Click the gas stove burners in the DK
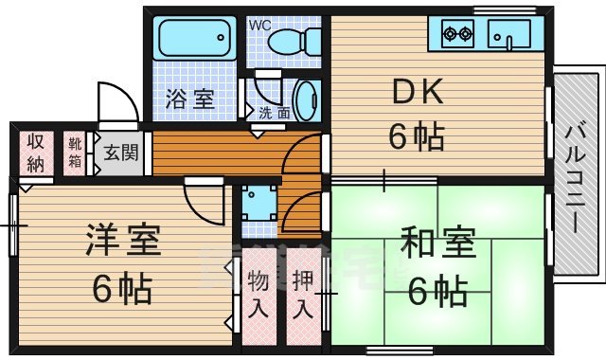pos(458,36)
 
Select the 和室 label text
pos(436,245)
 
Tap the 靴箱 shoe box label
pos(75,153)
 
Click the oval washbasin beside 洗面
pos(307,98)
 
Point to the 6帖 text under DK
pos(417,138)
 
